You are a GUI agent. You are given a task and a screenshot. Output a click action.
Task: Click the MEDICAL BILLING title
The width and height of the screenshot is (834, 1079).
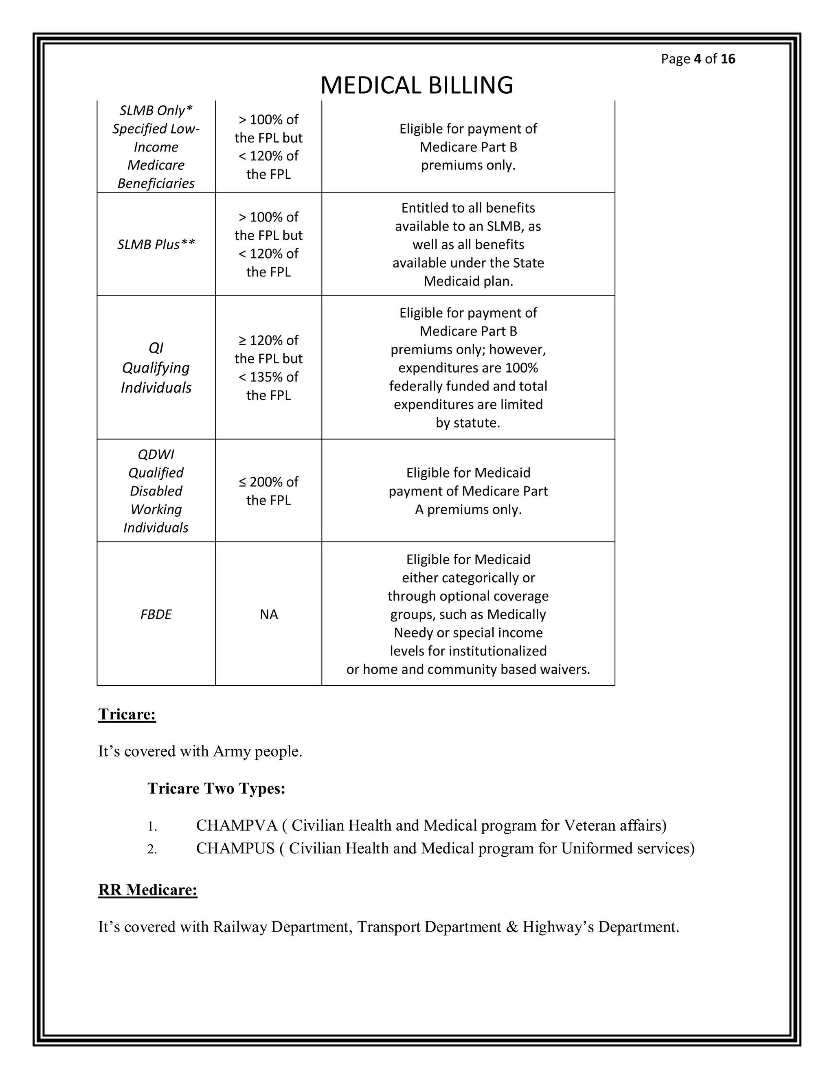(x=417, y=85)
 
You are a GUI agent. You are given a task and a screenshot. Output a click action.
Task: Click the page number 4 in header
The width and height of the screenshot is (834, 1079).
(x=697, y=59)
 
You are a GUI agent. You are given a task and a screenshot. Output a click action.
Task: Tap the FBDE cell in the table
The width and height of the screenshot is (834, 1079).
(x=156, y=614)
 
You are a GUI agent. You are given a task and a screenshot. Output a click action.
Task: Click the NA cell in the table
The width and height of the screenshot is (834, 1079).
(x=269, y=614)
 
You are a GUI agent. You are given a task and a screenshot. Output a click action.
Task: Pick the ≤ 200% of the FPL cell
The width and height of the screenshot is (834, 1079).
(x=268, y=491)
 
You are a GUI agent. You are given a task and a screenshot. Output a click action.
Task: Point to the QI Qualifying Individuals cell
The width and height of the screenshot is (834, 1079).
(x=156, y=368)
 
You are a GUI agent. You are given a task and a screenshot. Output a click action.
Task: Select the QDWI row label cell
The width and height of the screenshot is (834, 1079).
(x=156, y=491)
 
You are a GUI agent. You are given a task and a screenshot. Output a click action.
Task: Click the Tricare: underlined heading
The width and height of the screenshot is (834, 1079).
(x=127, y=714)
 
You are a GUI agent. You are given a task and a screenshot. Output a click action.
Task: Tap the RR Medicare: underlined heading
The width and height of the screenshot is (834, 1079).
(x=148, y=889)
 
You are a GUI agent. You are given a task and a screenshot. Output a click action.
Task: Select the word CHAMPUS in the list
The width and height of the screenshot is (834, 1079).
(x=235, y=848)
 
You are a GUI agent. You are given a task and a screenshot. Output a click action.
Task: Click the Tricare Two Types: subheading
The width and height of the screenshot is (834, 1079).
(x=216, y=788)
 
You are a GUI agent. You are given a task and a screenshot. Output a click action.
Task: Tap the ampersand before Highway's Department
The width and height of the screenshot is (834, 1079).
(x=511, y=926)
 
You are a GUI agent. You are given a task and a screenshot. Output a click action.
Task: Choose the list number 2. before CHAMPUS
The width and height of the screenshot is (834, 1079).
(x=152, y=849)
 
